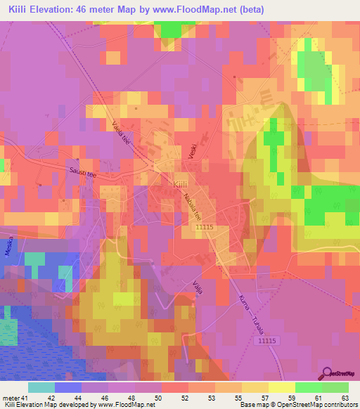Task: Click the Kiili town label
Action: pyautogui.click(x=180, y=183)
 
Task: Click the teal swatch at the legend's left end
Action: pyautogui.click(x=41, y=388)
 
